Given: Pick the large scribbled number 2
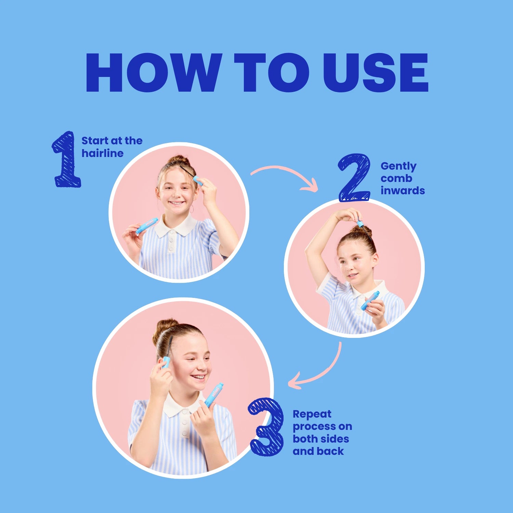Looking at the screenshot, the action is point(354,177).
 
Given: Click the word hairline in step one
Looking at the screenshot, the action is point(102,153).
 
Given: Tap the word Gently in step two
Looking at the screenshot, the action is point(398,167).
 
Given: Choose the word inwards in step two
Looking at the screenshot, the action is point(403,190).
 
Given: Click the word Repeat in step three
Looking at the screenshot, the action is point(312,415).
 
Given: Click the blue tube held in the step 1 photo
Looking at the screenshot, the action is point(147,226).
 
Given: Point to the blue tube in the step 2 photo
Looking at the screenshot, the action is point(370,300).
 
